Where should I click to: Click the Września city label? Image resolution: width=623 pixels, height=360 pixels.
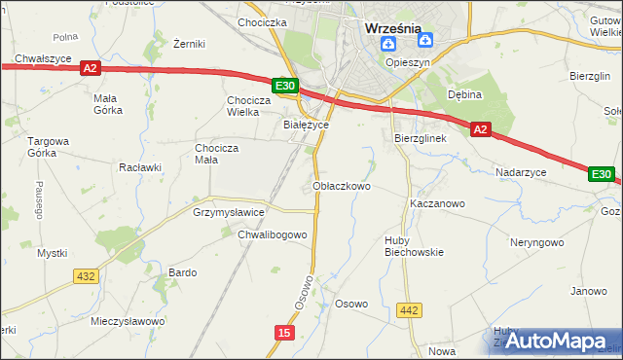click(x=392, y=28)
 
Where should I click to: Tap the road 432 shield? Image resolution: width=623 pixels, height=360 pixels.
click(x=86, y=276)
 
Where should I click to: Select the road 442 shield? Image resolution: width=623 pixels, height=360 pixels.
click(x=410, y=310)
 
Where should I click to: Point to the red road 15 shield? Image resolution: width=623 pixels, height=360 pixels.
click(x=283, y=333)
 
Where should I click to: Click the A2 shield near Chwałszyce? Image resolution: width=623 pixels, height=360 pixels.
click(x=90, y=68)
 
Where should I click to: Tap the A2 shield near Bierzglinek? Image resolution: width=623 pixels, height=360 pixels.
click(x=480, y=128)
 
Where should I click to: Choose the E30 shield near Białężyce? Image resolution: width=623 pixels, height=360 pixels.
click(x=284, y=87)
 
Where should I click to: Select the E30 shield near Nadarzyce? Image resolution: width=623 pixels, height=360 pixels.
click(x=602, y=174)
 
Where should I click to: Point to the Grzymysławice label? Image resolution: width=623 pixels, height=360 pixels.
click(x=229, y=211)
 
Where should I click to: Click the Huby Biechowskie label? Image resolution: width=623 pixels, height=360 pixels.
click(x=409, y=245)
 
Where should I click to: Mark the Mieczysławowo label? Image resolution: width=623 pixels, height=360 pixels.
click(x=126, y=320)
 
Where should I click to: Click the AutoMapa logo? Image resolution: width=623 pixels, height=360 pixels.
click(x=554, y=342)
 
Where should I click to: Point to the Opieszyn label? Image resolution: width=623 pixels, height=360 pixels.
click(x=408, y=61)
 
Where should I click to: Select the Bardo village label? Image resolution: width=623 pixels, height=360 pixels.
click(x=183, y=272)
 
